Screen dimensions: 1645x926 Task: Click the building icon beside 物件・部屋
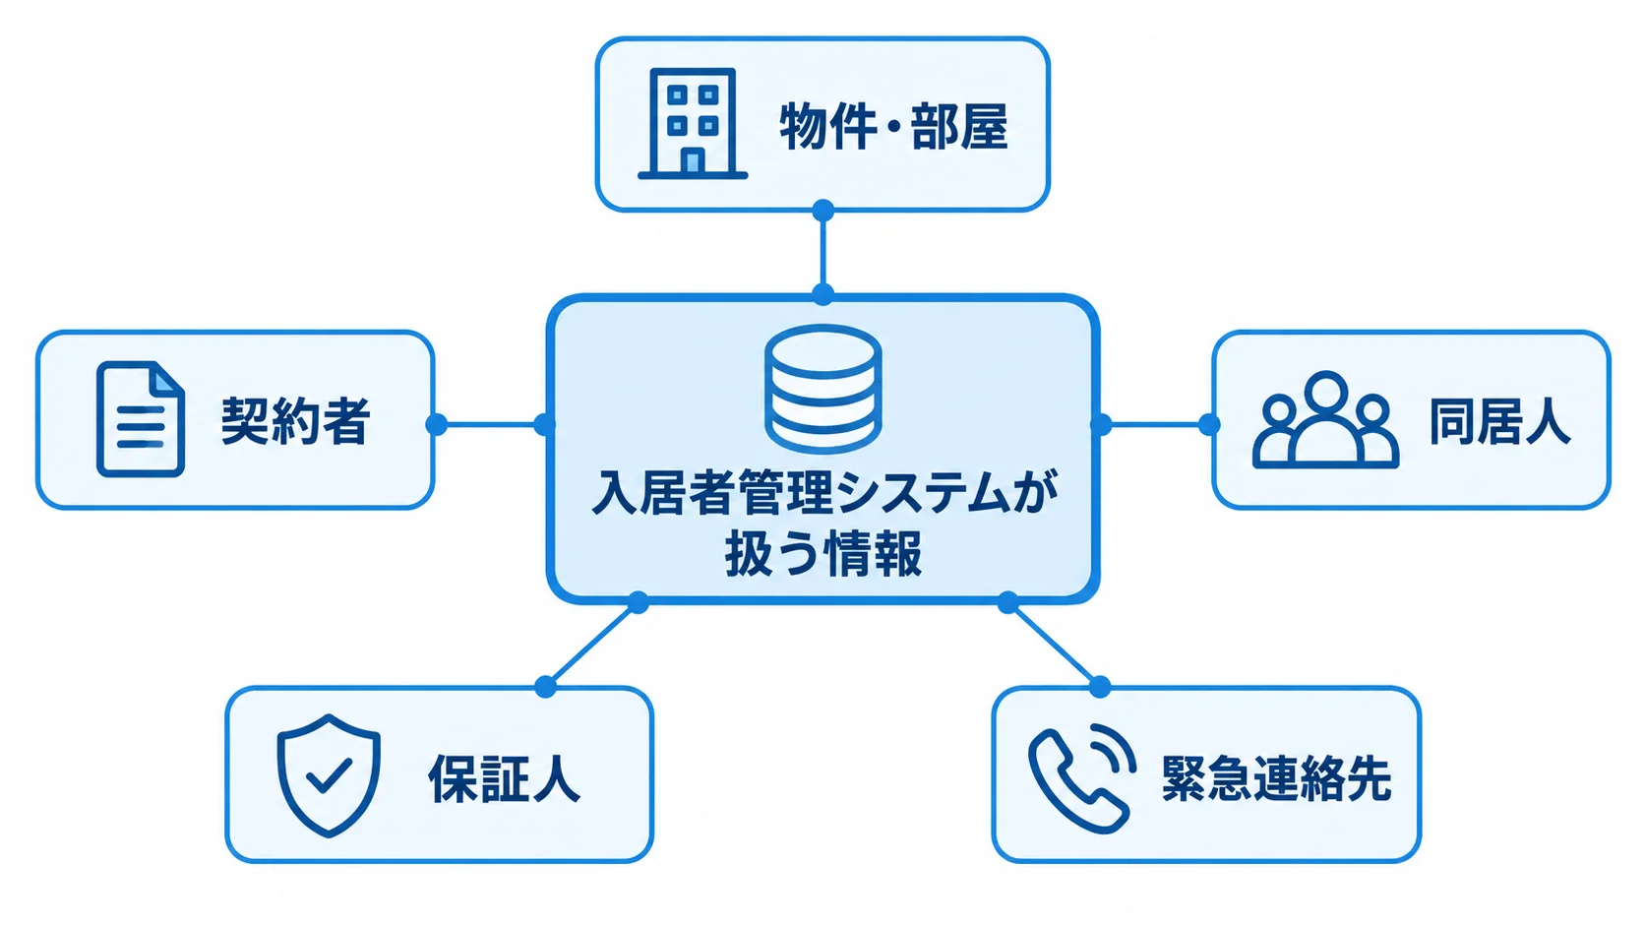coord(693,123)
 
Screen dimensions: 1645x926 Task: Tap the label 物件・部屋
coord(893,126)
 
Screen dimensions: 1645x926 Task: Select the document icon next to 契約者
coord(141,418)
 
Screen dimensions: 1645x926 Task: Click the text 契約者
coord(295,421)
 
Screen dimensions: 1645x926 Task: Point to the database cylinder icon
coord(822,389)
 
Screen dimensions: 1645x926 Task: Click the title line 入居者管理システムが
coord(824,491)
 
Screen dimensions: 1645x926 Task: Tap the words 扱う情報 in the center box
coord(823,554)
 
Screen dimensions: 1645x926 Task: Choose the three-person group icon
coord(1325,419)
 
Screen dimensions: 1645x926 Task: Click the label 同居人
coord(1499,422)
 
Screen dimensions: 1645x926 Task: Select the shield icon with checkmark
coord(329,775)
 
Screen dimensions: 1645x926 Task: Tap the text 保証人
coord(504,778)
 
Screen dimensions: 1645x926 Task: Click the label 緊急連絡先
coord(1276,778)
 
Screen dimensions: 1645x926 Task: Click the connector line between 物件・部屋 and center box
coord(822,253)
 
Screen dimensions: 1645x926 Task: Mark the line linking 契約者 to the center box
coord(491,424)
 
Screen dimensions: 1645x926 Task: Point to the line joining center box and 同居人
coord(1155,424)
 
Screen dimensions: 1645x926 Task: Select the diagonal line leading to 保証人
coord(592,645)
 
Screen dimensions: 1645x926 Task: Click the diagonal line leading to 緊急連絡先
coord(1054,645)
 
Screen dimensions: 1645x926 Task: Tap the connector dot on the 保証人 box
coord(546,687)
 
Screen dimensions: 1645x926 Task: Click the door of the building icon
coord(692,160)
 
